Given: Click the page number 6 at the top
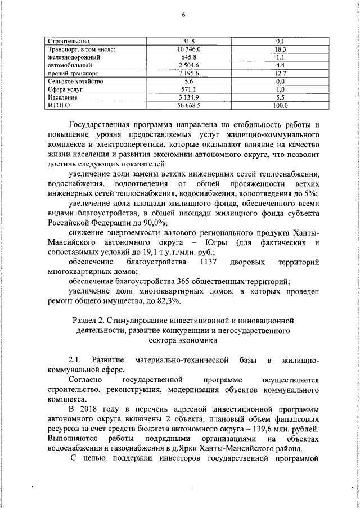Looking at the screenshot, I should (x=183, y=15).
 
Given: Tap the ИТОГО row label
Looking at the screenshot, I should (x=58, y=105).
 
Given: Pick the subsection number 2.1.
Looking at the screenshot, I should (x=75, y=359).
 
